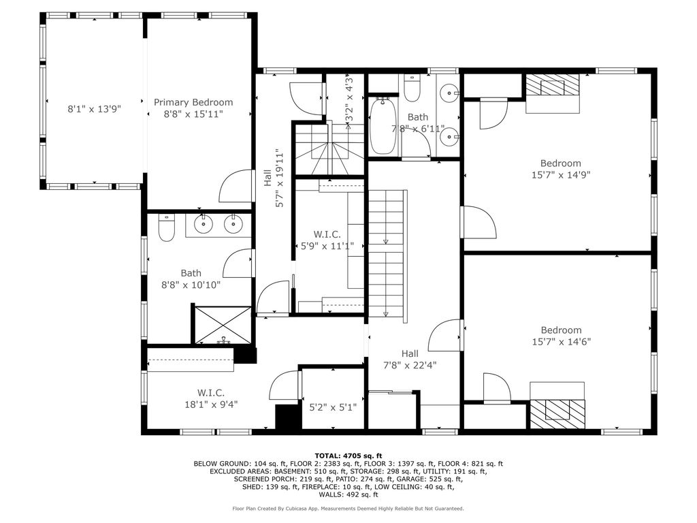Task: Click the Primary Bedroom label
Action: pos(193,102)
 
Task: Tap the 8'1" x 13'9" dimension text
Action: pos(94,109)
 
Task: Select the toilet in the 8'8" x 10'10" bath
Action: pos(167,227)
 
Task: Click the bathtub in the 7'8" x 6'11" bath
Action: pos(383,126)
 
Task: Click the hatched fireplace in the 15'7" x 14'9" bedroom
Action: pos(553,84)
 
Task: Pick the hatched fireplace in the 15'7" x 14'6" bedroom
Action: pos(557,414)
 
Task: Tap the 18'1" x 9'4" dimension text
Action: pos(211,405)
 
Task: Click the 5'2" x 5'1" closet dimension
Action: pos(333,407)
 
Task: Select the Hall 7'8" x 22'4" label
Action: pos(410,360)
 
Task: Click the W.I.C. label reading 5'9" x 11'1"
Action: pos(327,240)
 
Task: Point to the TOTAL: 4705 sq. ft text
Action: pos(348,456)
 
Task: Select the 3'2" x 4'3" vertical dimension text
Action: pos(349,98)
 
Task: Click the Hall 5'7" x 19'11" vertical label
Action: pos(274,178)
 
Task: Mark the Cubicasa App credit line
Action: pos(348,508)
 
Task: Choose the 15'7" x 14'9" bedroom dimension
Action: pos(561,175)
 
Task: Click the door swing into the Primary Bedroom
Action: pos(236,186)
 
